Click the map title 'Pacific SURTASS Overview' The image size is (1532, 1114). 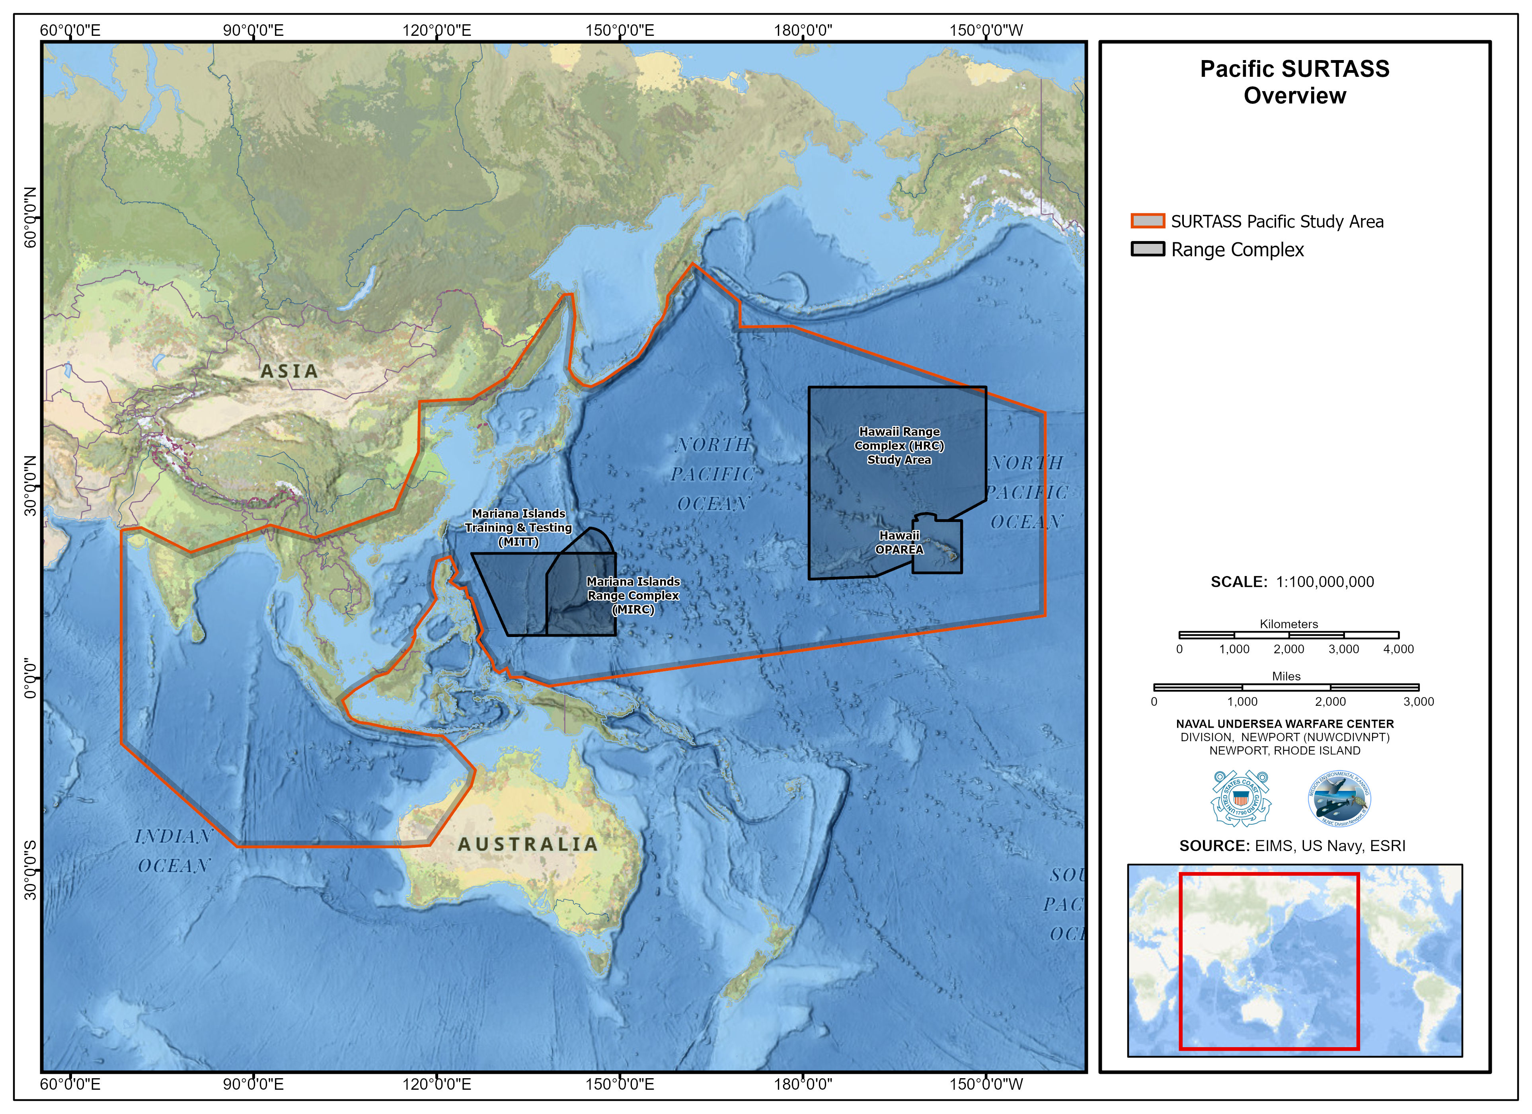(1294, 82)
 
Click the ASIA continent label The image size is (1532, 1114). (289, 371)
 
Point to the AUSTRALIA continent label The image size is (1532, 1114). (528, 844)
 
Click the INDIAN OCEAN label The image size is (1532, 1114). (173, 851)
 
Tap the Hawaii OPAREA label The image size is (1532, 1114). (899, 542)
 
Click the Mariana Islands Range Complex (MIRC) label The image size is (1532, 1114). (633, 595)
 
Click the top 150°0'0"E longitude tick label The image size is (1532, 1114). (620, 30)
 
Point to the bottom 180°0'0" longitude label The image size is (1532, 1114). (803, 1084)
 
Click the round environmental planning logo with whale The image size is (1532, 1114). (1339, 798)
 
